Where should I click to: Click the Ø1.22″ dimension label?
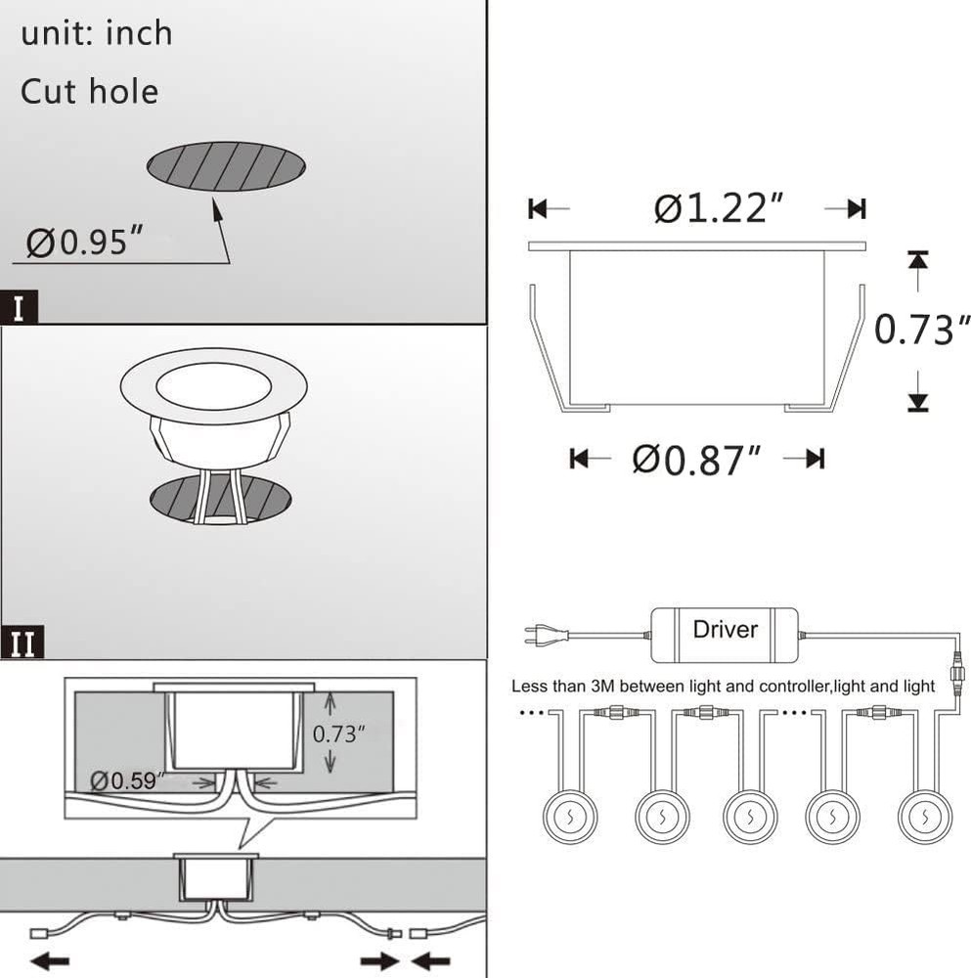point(718,207)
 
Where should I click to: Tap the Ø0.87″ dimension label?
point(696,460)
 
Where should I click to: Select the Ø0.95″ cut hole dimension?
point(84,242)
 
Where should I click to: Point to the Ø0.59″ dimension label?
point(127,780)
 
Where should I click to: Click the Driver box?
point(724,635)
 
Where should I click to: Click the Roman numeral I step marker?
point(19,307)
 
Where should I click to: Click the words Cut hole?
point(89,92)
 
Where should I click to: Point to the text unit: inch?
point(97,33)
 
